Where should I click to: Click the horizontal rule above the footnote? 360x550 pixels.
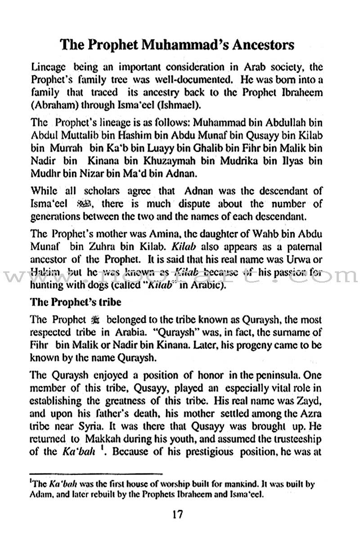click(95, 474)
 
